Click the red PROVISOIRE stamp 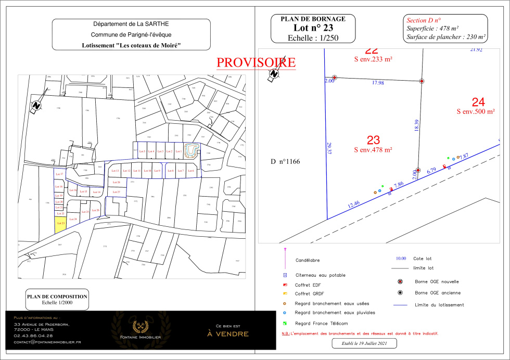[256, 62]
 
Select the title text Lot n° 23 [313, 28]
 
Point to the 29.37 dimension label [328, 148]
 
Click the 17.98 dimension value [378, 83]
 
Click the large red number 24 [478, 102]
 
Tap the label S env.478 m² [373, 150]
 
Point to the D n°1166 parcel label [285, 162]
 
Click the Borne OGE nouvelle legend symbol [399, 281]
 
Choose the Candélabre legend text [308, 260]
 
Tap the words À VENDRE [228, 333]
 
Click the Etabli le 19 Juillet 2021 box [364, 343]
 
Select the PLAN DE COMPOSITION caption [57, 297]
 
